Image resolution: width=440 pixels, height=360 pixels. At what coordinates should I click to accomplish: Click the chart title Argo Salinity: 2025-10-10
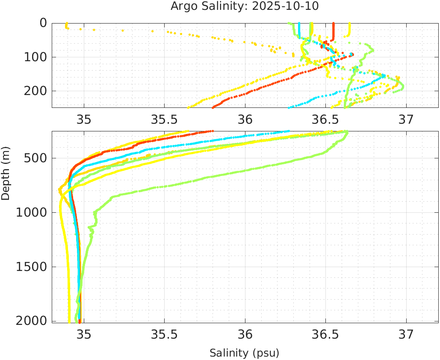point(245,6)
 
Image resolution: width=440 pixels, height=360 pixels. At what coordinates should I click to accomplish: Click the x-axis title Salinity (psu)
point(244,353)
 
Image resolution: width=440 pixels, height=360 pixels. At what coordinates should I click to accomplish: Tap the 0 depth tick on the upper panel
point(43,23)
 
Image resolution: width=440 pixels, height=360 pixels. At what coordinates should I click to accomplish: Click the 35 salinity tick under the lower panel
point(84,334)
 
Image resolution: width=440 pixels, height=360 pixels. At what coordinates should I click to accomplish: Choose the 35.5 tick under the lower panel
point(165,334)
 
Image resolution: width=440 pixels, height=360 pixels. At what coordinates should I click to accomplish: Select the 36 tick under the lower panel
point(245,334)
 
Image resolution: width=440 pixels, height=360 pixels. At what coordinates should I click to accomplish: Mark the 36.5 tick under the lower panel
point(325,334)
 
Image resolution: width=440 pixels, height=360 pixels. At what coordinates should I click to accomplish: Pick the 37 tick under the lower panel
point(406,334)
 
